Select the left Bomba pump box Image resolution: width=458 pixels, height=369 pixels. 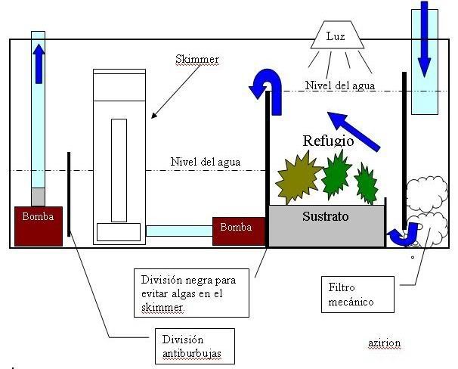(x=38, y=225)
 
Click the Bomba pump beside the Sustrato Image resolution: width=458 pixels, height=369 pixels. (x=238, y=231)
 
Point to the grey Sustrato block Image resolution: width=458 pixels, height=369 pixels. (x=326, y=226)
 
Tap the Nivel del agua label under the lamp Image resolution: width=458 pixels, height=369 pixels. (x=341, y=85)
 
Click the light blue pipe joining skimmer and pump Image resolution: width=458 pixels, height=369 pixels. (x=179, y=230)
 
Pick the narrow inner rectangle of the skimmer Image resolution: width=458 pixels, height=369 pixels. (x=119, y=169)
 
